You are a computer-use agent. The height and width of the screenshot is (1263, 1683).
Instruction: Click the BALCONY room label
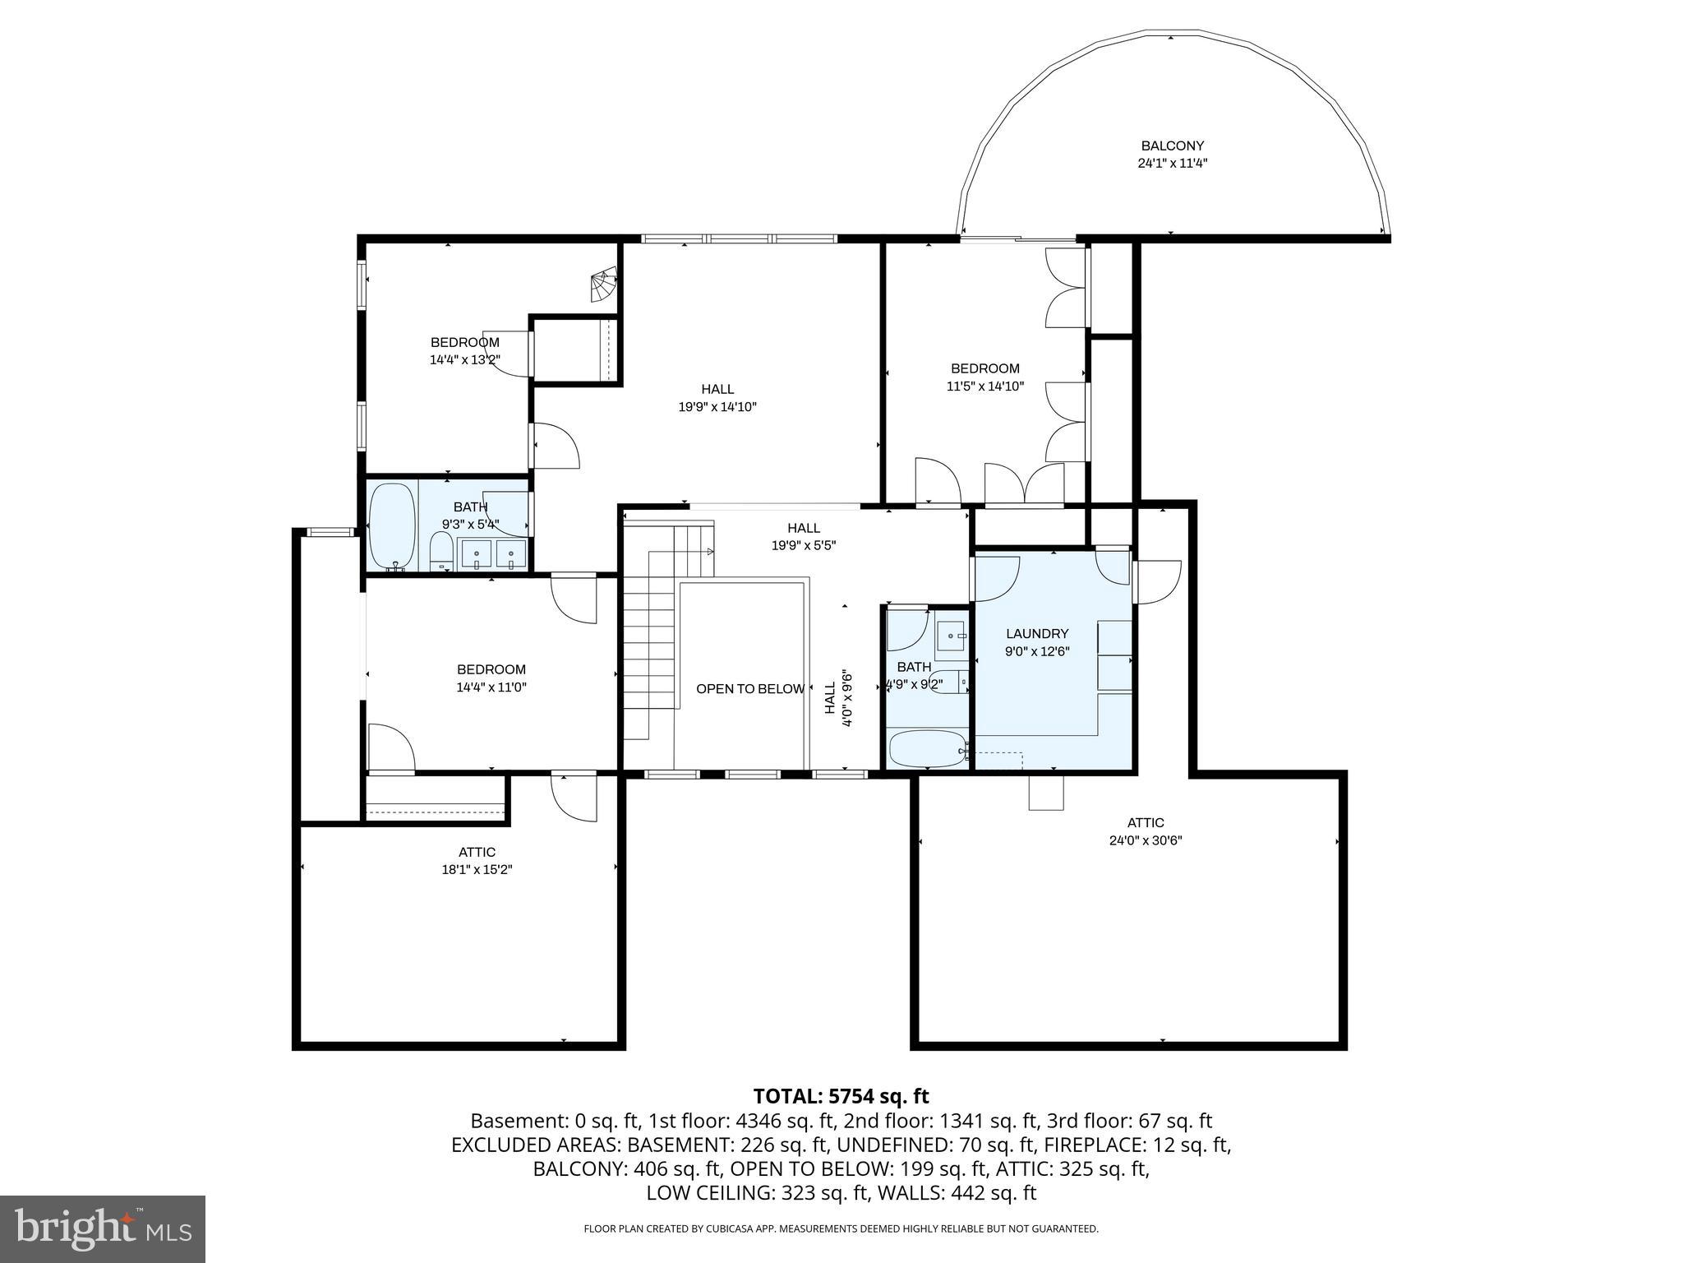click(1172, 146)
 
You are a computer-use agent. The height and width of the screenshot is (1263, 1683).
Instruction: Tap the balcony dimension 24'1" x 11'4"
click(1172, 164)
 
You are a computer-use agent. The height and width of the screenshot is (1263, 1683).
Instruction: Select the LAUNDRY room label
click(1037, 634)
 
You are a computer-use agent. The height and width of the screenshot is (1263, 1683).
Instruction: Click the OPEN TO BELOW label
click(749, 689)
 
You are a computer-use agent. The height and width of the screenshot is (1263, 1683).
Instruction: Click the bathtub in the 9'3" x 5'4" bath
click(393, 526)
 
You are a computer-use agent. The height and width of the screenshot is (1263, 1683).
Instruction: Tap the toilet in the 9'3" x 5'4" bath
click(441, 551)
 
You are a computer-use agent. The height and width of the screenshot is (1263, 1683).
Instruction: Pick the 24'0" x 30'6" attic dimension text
click(1145, 840)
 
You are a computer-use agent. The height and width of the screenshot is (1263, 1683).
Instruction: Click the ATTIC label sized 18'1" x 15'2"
click(477, 852)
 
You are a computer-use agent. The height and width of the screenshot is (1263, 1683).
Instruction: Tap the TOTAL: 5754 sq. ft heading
click(841, 1096)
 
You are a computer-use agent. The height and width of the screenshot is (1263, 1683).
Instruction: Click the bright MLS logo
click(103, 1228)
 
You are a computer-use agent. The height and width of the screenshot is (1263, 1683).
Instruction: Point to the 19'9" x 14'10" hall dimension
click(717, 406)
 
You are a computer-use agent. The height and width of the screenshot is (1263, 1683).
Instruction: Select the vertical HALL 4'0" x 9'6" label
click(838, 697)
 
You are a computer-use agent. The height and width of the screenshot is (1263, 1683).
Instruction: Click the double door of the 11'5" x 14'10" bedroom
click(1024, 485)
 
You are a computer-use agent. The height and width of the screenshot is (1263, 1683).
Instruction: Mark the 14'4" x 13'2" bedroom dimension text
click(464, 359)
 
